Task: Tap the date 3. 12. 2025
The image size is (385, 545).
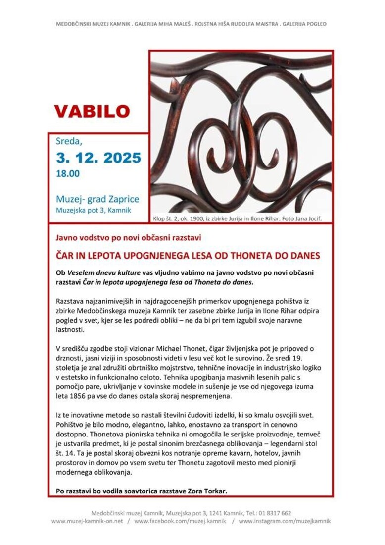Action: pyautogui.click(x=98, y=158)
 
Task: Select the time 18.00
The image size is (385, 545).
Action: pyautogui.click(x=68, y=174)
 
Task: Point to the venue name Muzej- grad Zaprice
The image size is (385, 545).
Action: pyautogui.click(x=97, y=199)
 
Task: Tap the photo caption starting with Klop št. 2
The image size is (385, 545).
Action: pyautogui.click(x=241, y=218)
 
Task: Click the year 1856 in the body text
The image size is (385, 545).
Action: pyautogui.click(x=73, y=396)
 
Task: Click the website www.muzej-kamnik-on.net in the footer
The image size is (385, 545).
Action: pyautogui.click(x=87, y=521)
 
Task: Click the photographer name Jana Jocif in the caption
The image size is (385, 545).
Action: pyautogui.click(x=308, y=218)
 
